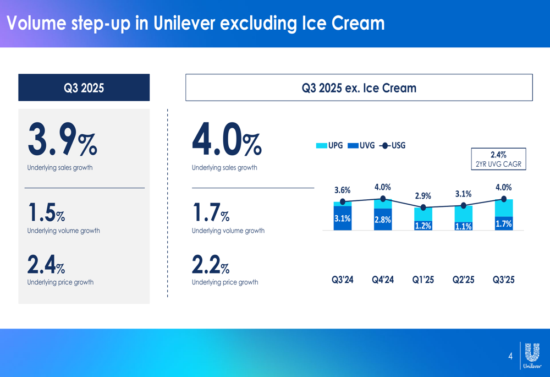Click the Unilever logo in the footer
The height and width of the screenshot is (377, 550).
(x=532, y=355)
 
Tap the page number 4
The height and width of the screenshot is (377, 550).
(x=510, y=356)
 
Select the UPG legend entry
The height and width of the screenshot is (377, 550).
(x=329, y=145)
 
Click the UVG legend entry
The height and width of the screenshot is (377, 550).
(x=361, y=145)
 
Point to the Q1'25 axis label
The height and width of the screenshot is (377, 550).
(x=423, y=280)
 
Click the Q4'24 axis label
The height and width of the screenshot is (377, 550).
(x=383, y=280)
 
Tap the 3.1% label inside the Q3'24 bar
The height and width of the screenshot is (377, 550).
(x=342, y=218)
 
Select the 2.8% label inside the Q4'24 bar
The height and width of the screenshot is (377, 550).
(x=382, y=220)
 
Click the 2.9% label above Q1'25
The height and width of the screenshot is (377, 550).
(x=423, y=196)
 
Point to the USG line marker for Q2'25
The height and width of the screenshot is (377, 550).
(x=463, y=205)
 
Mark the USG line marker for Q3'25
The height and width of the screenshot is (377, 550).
(x=504, y=199)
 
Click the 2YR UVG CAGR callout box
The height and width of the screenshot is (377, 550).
(x=498, y=159)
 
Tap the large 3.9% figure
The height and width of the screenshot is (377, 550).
(x=62, y=140)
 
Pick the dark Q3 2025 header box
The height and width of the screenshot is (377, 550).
(x=84, y=88)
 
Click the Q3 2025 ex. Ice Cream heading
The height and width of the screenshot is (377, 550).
(x=359, y=88)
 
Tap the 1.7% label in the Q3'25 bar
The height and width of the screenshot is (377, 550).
(x=504, y=223)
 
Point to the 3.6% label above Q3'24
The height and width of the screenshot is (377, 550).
(x=342, y=190)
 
